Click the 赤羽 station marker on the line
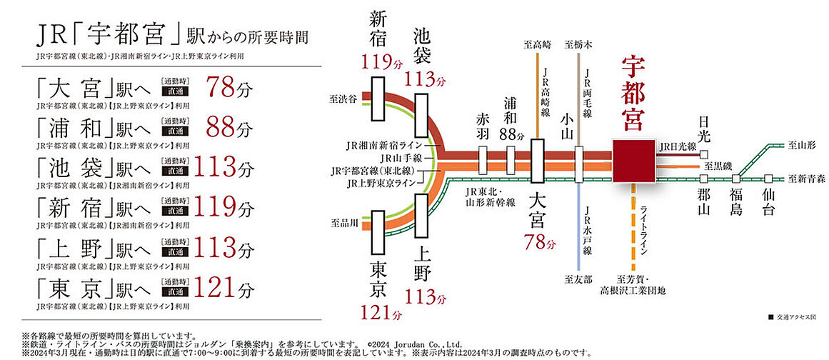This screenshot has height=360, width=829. (x=483, y=157)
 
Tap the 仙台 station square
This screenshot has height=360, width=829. (x=768, y=179)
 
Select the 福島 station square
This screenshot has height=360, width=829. (x=736, y=179)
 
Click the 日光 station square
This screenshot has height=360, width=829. (x=704, y=154)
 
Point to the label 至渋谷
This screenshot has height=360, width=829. (x=343, y=95)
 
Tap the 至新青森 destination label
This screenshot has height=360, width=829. (x=805, y=179)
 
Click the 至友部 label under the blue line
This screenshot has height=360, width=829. (x=578, y=279)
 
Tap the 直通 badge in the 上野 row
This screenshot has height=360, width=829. (x=175, y=254)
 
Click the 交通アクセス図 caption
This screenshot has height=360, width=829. (x=795, y=316)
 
